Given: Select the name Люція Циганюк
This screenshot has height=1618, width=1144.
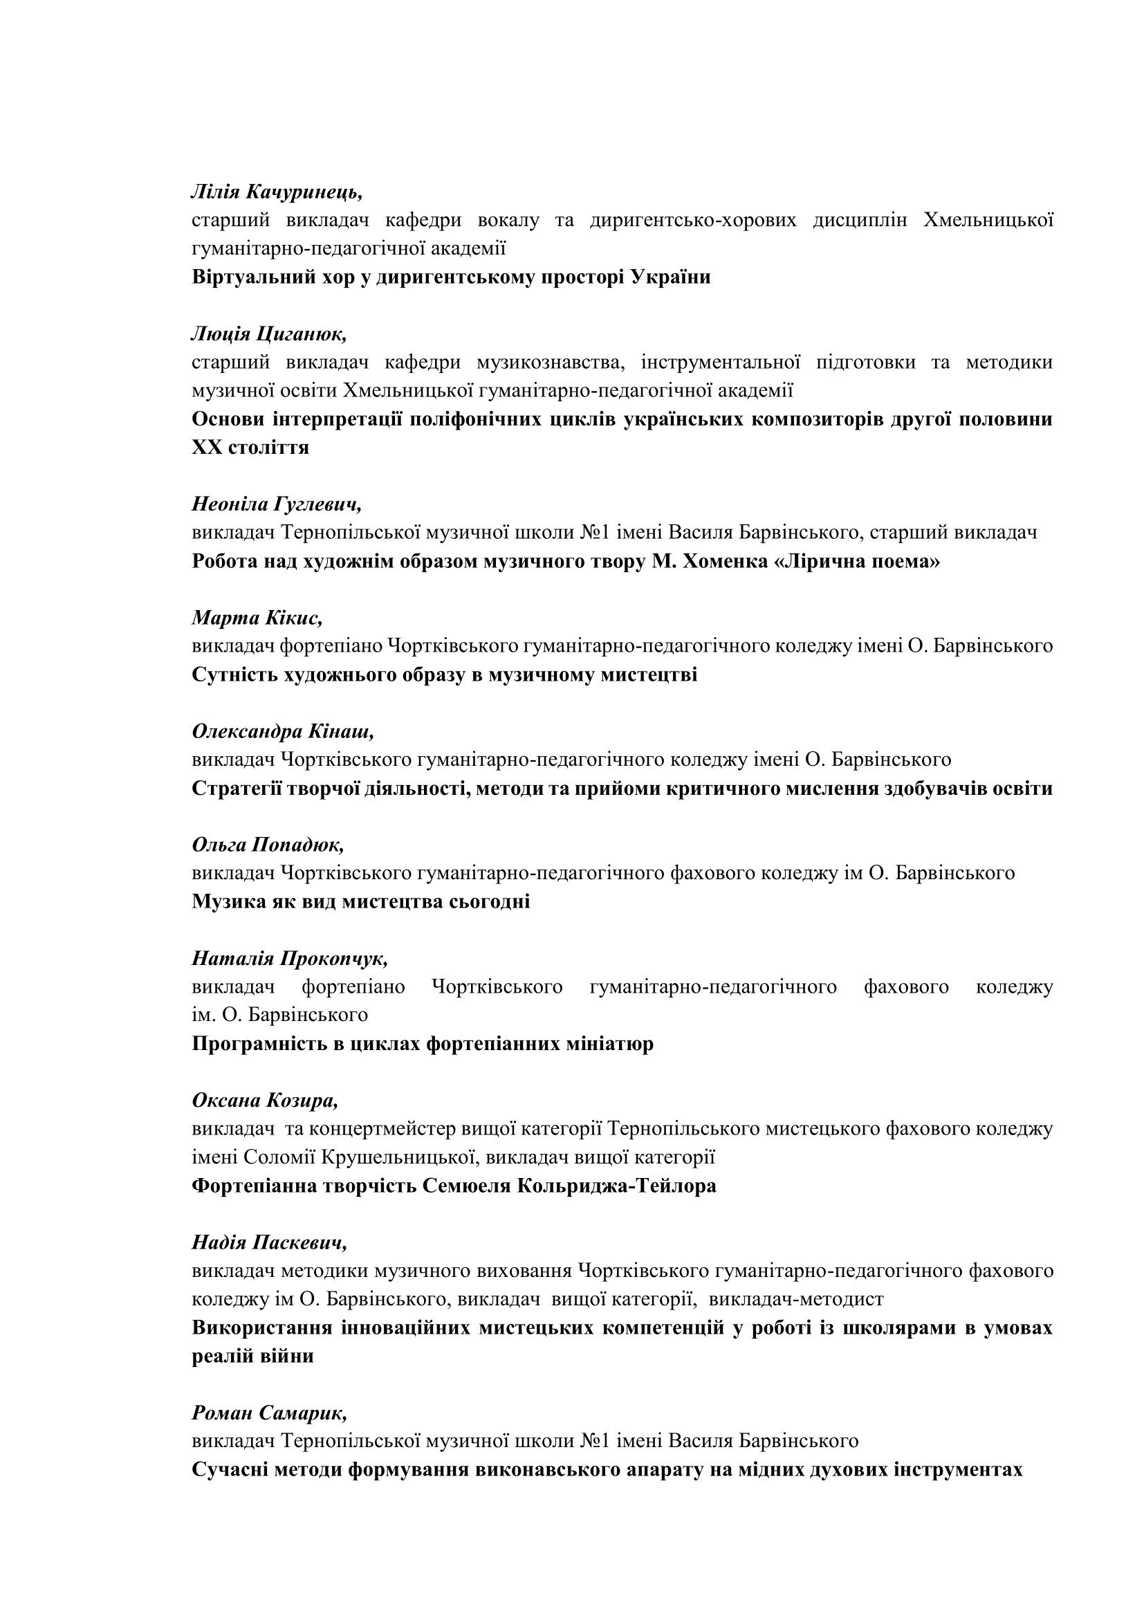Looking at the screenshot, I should tap(269, 333).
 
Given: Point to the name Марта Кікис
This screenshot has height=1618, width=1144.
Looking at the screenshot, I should tap(257, 617).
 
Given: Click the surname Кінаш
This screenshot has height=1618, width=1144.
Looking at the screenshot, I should tap(341, 731).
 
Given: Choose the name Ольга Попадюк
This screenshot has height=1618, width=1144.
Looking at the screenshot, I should tap(268, 845).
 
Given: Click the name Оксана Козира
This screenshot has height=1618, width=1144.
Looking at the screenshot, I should tap(265, 1100).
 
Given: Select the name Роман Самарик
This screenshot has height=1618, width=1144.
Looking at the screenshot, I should tap(269, 1413).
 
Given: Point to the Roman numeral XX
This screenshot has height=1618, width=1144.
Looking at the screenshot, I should tap(206, 448).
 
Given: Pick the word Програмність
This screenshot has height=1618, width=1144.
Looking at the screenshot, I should tap(257, 1044).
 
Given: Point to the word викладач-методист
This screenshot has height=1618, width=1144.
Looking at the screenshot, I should tap(796, 1299).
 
